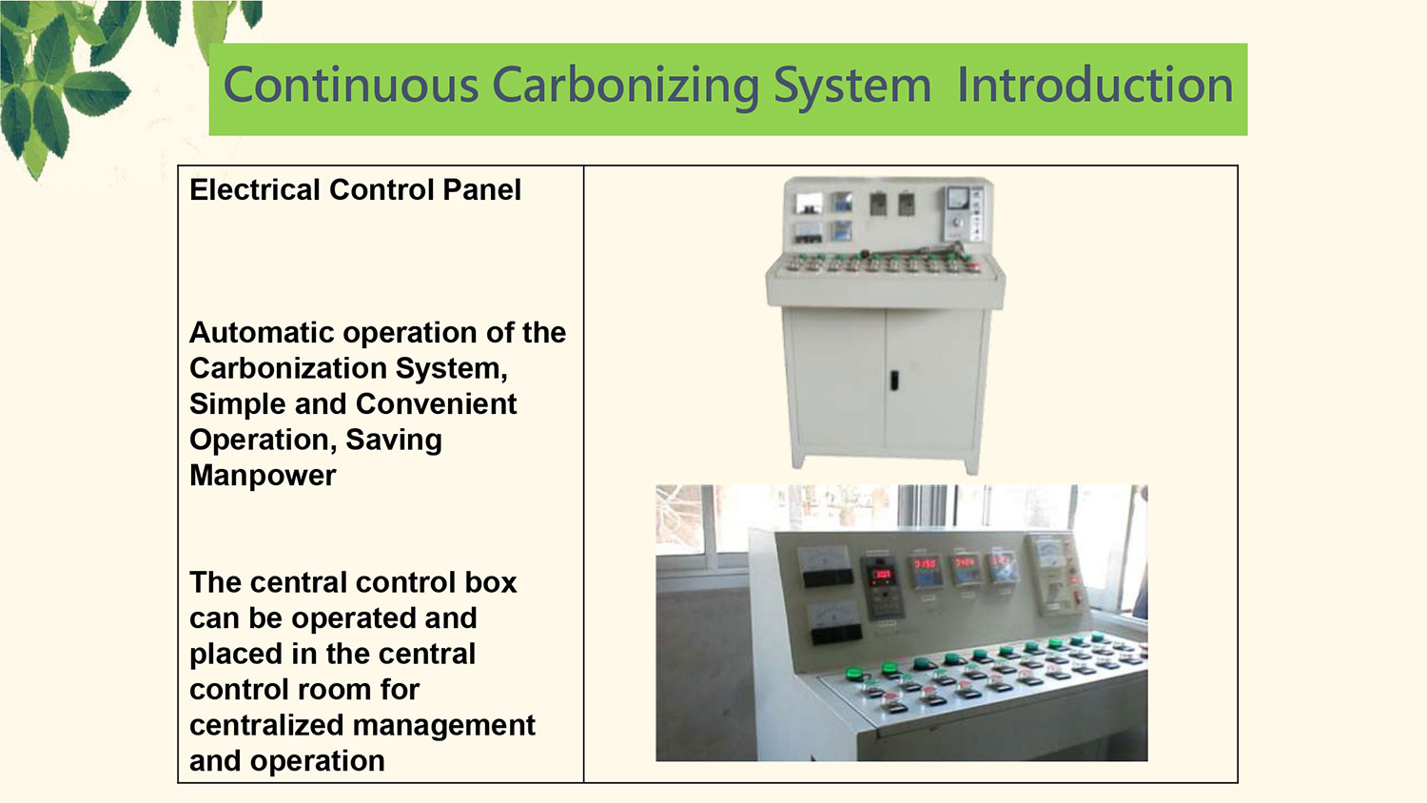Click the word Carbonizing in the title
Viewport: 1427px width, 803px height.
[x=626, y=87]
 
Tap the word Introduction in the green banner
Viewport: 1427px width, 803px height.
[x=1095, y=85]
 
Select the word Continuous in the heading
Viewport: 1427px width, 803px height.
[x=351, y=85]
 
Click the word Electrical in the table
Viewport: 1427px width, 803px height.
[x=254, y=189]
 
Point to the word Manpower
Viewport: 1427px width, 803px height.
[x=263, y=476]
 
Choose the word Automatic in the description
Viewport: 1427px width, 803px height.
[x=262, y=332]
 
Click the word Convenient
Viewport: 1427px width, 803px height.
[x=436, y=403]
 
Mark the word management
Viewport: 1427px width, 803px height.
[x=444, y=726]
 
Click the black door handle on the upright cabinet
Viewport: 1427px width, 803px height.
[x=894, y=381]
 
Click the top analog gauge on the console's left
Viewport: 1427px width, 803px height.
[x=826, y=566]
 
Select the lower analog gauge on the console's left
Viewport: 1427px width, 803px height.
[x=834, y=622]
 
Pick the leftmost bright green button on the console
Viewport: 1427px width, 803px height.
[x=851, y=673]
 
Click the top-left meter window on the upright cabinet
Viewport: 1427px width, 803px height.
[x=809, y=204]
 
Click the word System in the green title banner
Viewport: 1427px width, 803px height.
[x=852, y=87]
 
